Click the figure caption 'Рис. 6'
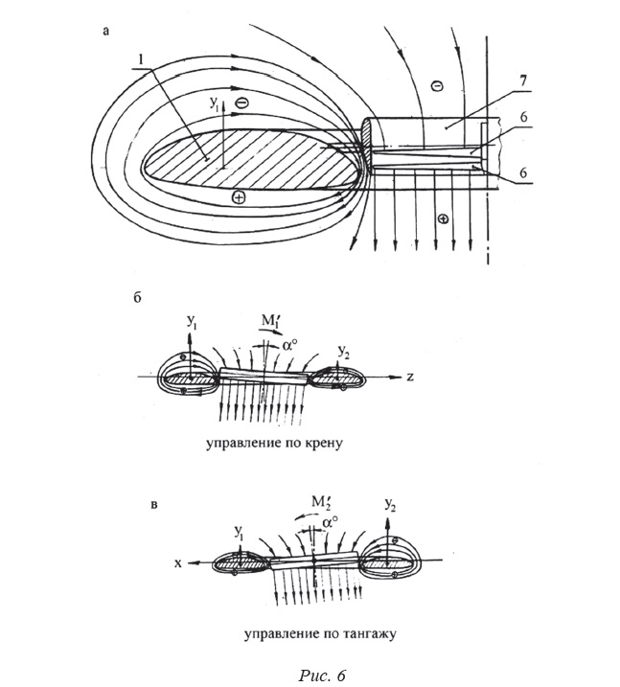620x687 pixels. [322, 676]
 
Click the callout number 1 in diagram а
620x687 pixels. [140, 60]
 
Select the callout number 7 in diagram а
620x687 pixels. [523, 80]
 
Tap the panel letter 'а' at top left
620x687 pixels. [105, 31]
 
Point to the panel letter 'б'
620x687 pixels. [137, 298]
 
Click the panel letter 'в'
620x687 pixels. [154, 505]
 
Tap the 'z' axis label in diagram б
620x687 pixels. [410, 377]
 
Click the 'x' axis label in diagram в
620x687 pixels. [178, 563]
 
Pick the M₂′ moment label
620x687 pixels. [321, 502]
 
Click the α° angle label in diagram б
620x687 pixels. [290, 345]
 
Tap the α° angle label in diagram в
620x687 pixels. [331, 522]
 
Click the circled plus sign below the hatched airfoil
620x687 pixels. [239, 198]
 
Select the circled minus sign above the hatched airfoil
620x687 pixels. [241, 103]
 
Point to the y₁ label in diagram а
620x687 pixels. [215, 103]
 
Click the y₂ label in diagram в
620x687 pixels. [390, 505]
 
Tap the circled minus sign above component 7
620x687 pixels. [437, 86]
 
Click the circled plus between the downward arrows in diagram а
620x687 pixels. [444, 218]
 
